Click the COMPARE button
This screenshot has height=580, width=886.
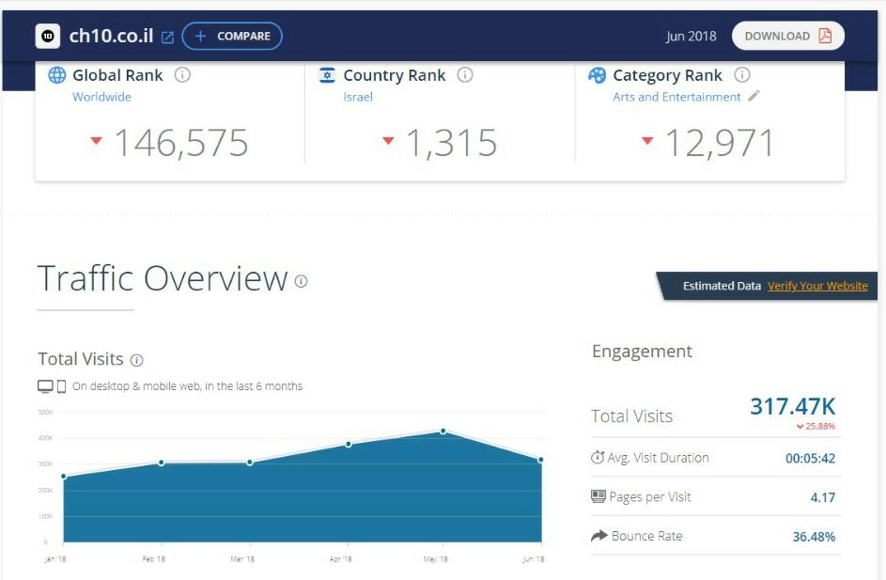pos(232,37)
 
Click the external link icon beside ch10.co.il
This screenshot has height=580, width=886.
pos(167,38)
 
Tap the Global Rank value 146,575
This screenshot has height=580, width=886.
pos(180,143)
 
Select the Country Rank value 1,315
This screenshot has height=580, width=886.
pos(451,143)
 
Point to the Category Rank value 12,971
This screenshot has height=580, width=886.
pos(720,143)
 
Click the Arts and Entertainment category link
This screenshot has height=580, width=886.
pos(676,97)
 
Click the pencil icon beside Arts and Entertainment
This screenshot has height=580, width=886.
pos(754,96)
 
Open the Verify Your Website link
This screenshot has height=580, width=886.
pos(817,286)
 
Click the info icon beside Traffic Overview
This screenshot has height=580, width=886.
pos(301,281)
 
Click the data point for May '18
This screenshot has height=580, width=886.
pos(443,431)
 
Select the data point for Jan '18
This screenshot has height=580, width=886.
pos(64,477)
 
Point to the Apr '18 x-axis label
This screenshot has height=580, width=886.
pos(341,559)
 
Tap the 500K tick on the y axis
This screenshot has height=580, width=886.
pos(45,412)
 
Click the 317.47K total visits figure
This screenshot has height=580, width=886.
pos(792,407)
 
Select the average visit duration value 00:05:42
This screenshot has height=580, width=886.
pos(810,459)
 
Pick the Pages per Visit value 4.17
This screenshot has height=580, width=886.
pos(822,497)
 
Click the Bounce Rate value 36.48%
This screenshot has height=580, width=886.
pos(814,537)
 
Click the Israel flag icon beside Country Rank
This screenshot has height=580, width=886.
pos(327,75)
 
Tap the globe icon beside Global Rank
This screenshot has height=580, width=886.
pos(57,75)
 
